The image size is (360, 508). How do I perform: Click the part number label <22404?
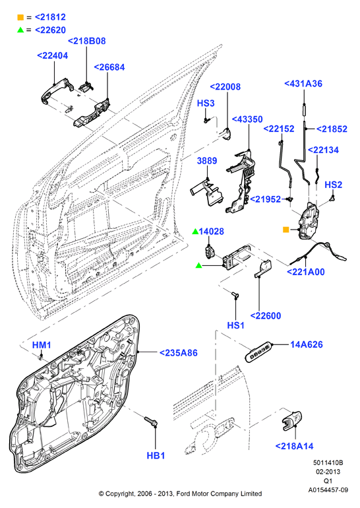pos(53,55)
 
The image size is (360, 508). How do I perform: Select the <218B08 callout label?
pos(87,41)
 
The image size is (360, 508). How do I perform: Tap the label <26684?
pos(109,67)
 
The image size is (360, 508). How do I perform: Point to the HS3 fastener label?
pos(206,103)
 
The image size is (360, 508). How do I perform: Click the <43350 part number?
pos(247,119)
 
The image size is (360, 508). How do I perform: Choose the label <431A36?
pos(303,84)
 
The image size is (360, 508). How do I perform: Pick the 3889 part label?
pos(207,161)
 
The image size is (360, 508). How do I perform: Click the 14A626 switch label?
pos(306,344)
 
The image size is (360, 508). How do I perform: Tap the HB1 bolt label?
pos(156,455)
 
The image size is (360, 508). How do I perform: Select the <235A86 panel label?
pos(179,353)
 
